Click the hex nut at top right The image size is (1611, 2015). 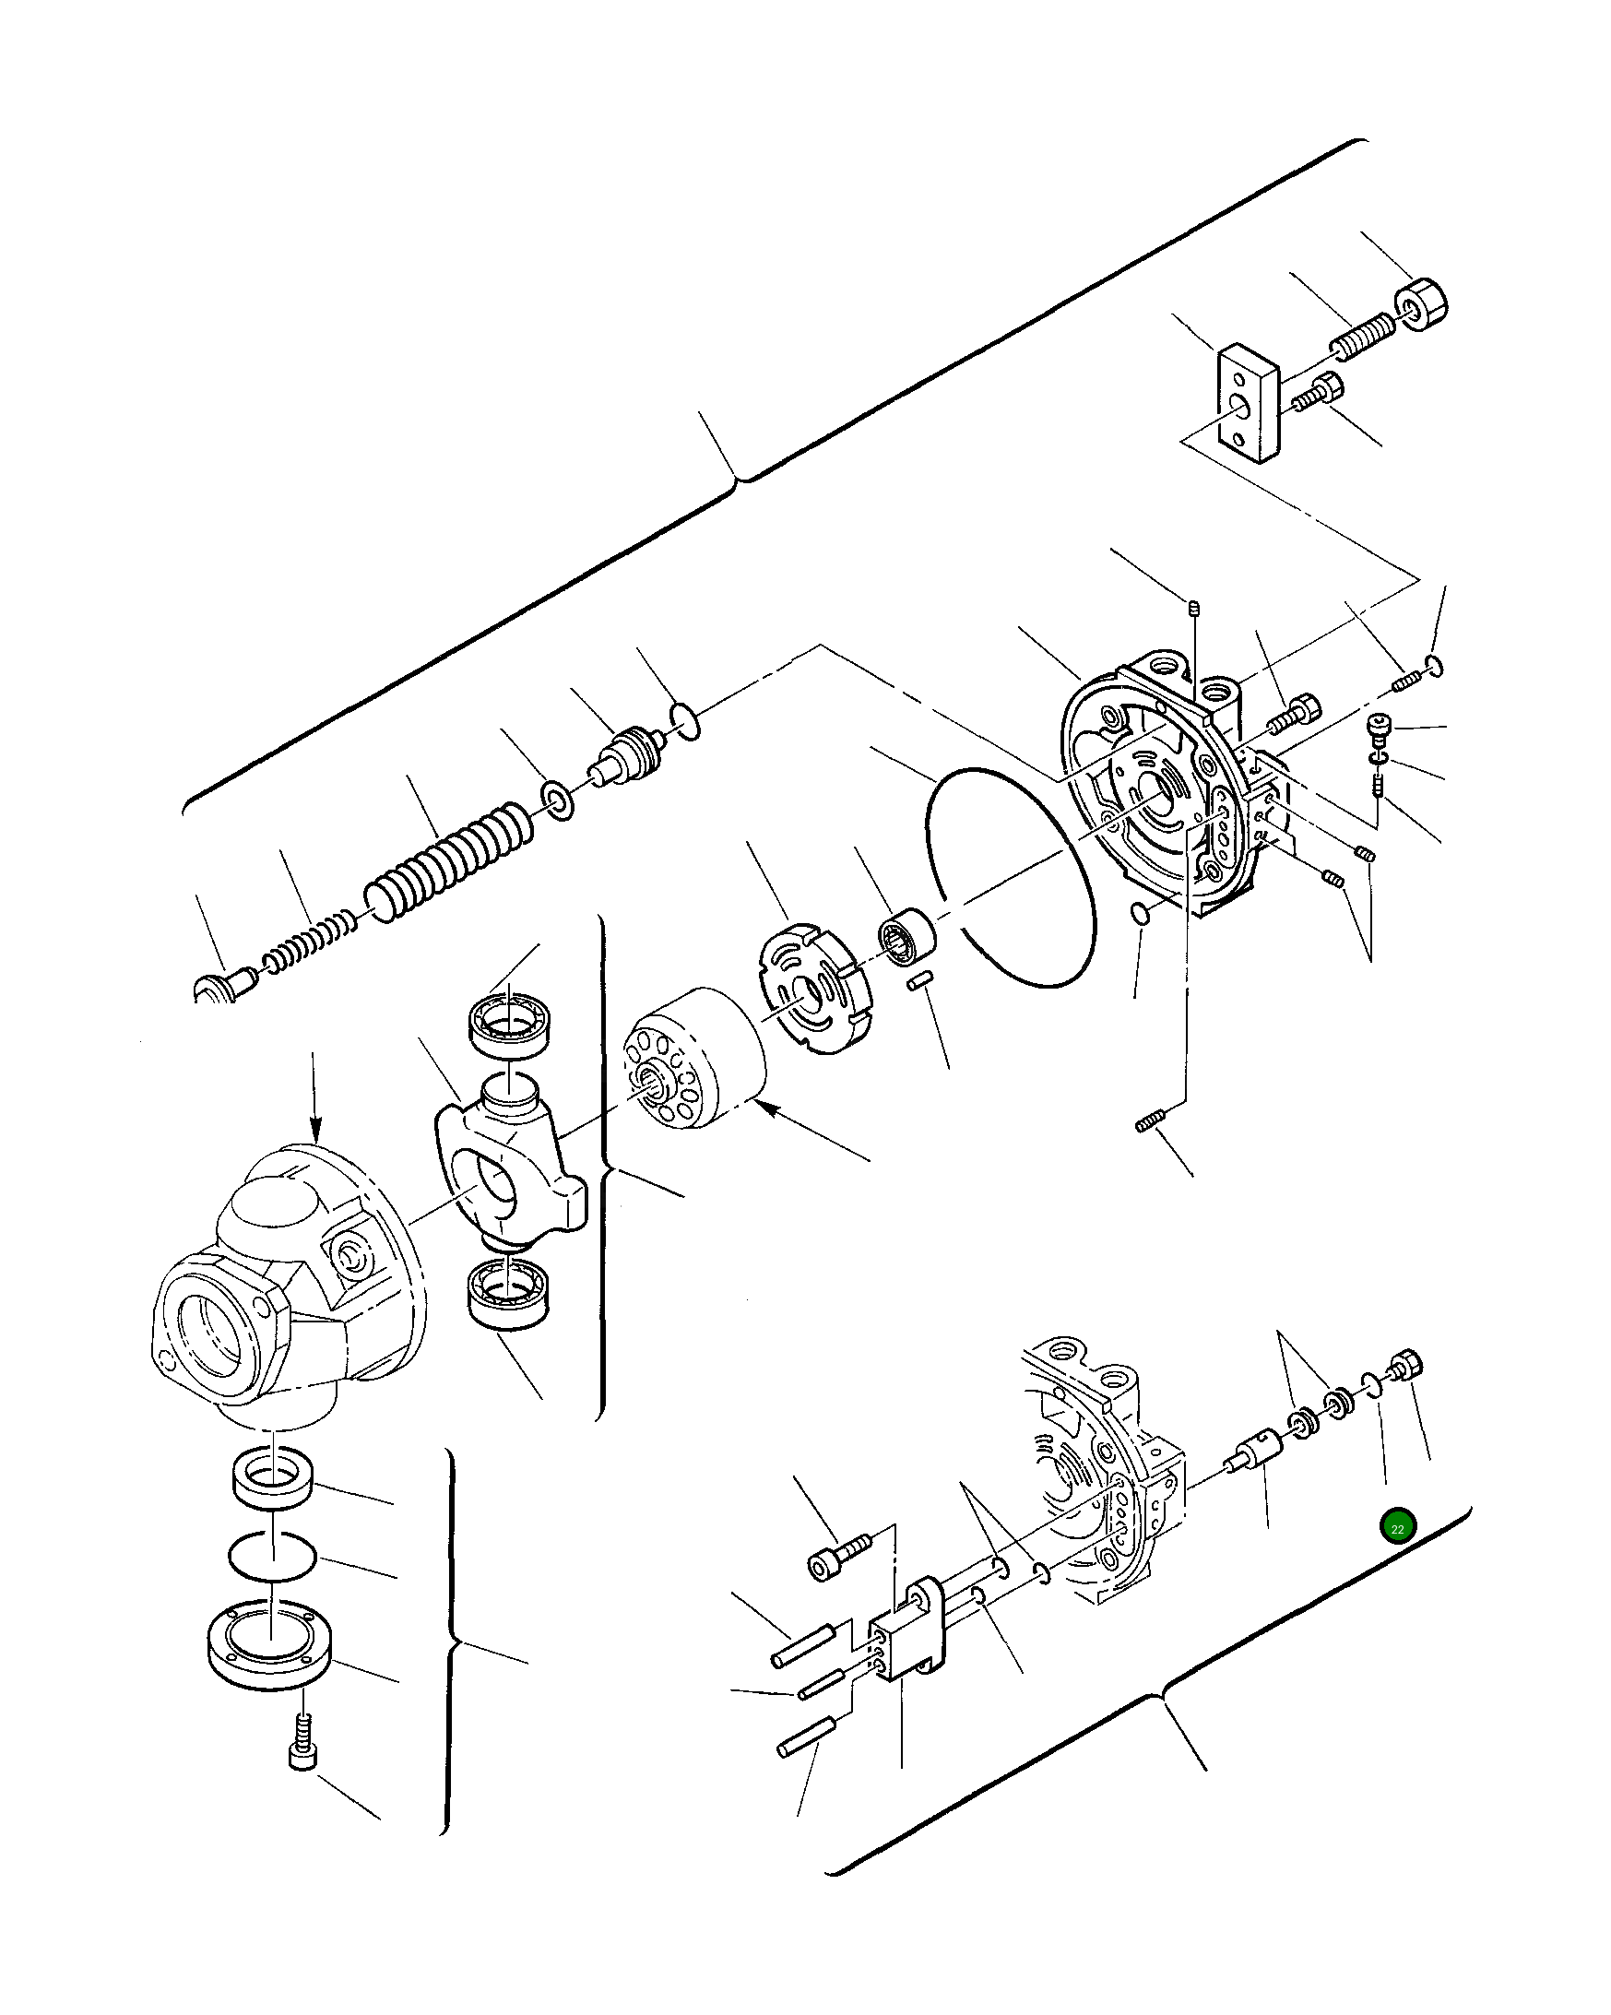tap(1419, 304)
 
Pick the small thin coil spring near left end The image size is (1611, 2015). tap(309, 943)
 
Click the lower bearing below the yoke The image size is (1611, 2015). tap(509, 1290)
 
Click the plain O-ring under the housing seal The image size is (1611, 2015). tap(272, 1557)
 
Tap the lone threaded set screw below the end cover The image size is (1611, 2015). tap(1150, 1120)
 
